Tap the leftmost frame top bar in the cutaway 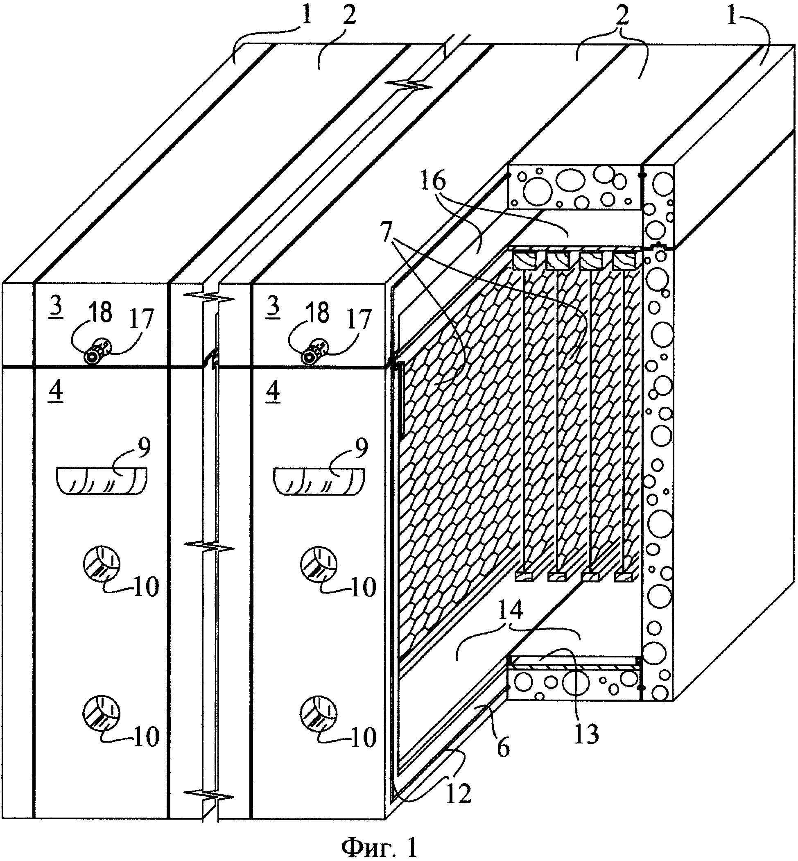pos(524,261)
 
